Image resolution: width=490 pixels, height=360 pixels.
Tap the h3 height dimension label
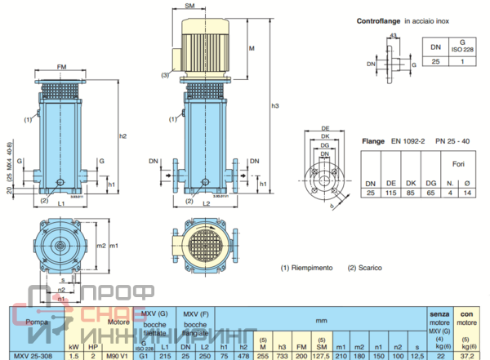tap(276, 106)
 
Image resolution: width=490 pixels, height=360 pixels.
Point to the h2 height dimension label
tap(122, 136)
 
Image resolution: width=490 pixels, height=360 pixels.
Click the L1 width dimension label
tap(62, 201)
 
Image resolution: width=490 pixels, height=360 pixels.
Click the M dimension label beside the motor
tap(252, 50)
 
